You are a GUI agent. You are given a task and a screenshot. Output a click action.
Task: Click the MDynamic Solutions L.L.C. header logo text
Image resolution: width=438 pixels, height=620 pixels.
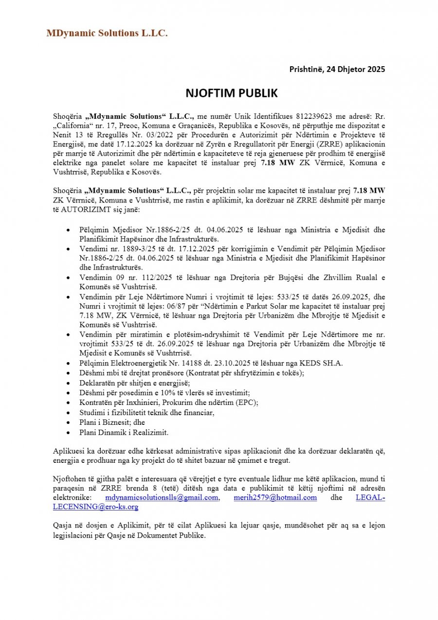point(107,33)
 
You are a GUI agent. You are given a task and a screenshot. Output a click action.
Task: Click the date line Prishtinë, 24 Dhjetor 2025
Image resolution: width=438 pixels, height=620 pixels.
point(337,69)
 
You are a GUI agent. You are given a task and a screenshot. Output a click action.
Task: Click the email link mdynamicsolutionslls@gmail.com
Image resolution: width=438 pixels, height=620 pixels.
point(162,497)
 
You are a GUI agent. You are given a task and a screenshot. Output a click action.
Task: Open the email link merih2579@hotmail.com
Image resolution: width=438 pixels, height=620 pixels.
point(275,497)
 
